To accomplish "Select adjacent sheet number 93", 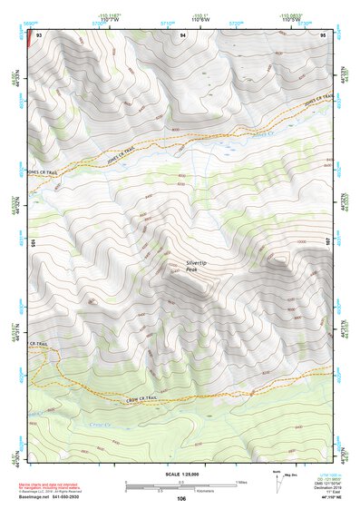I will click(39, 34).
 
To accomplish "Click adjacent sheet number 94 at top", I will click(183, 34).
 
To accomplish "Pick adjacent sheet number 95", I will click(323, 34).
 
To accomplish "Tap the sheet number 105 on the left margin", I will click(32, 243).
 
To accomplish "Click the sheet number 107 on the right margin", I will click(329, 243).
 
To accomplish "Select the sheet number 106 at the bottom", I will click(181, 498).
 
